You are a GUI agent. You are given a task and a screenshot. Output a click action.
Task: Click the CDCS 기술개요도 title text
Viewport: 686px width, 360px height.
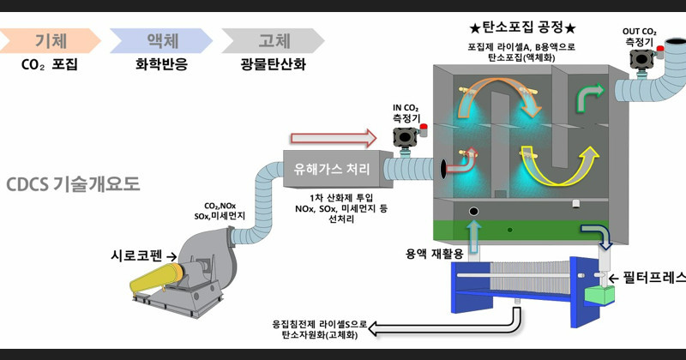pos(72,184)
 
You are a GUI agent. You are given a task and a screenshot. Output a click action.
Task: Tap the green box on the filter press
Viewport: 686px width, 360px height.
pos(599,296)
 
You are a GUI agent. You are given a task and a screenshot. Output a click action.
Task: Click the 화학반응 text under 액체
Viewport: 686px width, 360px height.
pos(159,63)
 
